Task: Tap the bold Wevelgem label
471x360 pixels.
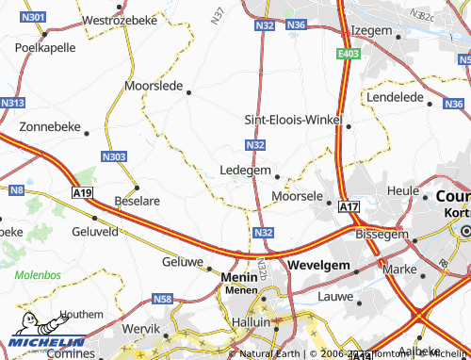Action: coord(319,266)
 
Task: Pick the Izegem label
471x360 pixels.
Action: coord(370,30)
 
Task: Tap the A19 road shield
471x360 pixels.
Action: coord(83,192)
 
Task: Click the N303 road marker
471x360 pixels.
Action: coord(113,155)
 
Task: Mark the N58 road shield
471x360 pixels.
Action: coord(161,299)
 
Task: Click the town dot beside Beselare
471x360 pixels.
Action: coord(136,187)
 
